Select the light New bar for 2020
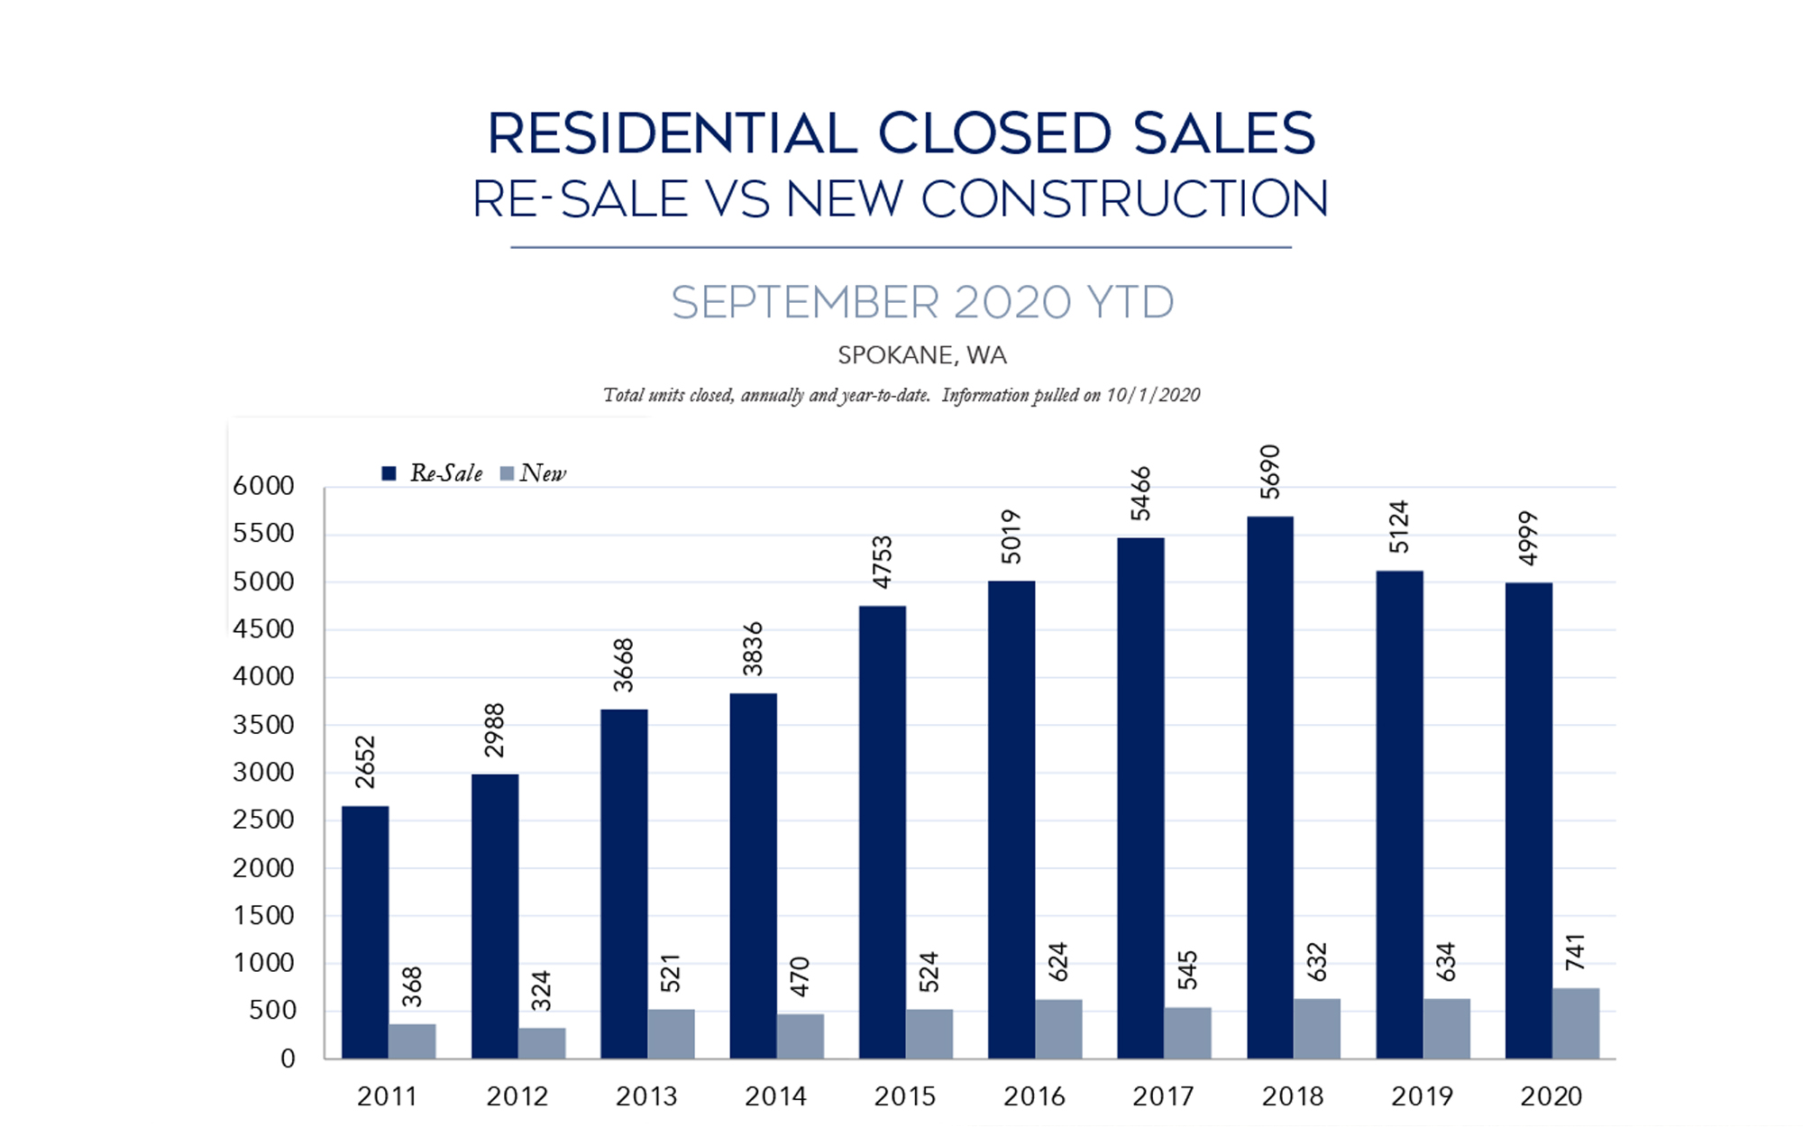pos(1576,1023)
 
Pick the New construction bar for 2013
pos(671,1033)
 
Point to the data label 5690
pos(1270,472)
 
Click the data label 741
pos(1576,953)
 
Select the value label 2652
pos(365,762)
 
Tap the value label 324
pos(541,991)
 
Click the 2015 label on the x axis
pos(905,1096)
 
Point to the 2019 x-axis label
pos(1422,1096)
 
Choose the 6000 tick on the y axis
pos(263,486)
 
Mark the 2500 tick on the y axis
pos(263,820)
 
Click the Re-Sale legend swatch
pos(389,473)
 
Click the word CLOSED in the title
pos(994,134)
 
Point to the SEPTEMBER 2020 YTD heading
pos(922,302)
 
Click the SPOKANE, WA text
pos(922,355)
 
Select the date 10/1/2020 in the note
pos(1153,395)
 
